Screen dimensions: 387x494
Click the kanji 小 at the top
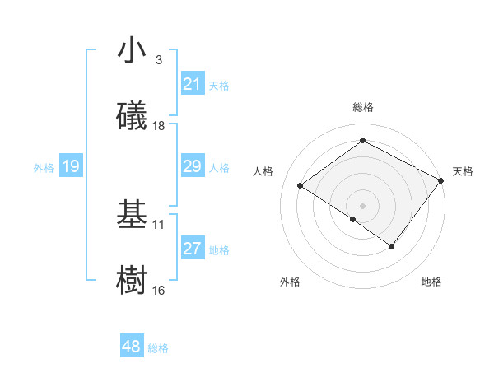tap(132, 51)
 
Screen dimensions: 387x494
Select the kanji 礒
tap(132, 116)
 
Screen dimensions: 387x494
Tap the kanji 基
tap(132, 215)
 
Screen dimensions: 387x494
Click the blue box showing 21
tap(192, 83)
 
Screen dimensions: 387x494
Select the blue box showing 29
tap(192, 166)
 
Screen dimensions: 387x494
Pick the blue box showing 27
tap(192, 249)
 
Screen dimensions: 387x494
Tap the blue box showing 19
tap(70, 166)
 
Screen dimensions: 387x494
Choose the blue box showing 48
tap(131, 347)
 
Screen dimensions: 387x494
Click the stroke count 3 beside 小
tap(158, 60)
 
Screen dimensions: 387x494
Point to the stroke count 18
tap(159, 126)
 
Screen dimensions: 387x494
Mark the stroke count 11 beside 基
tap(159, 224)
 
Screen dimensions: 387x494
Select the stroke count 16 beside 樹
tap(159, 290)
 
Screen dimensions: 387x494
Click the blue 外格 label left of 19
tap(44, 167)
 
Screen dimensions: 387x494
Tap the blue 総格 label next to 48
tap(158, 348)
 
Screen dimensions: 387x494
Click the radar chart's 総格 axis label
tap(362, 107)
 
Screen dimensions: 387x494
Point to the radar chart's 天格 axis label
tap(463, 171)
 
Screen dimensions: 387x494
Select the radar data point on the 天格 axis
tap(441, 180)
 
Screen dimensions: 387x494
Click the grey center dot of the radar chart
tap(362, 205)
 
